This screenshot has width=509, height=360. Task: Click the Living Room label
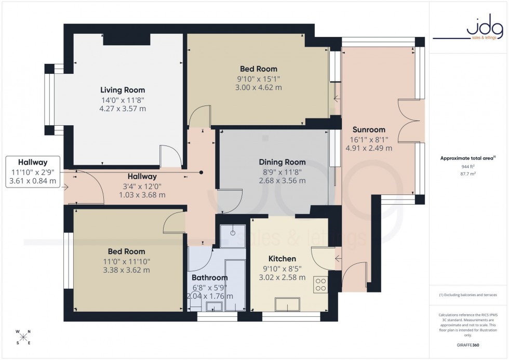123,90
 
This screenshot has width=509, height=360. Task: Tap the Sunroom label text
369,129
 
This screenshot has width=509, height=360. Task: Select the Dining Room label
284,162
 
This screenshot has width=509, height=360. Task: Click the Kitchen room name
282,259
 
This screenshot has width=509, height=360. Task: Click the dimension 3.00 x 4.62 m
258,87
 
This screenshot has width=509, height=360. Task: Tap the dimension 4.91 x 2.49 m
369,148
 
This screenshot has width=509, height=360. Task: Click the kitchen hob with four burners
320,284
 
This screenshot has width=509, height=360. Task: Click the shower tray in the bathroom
232,236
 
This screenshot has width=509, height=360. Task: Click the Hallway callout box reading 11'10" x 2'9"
33,171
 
